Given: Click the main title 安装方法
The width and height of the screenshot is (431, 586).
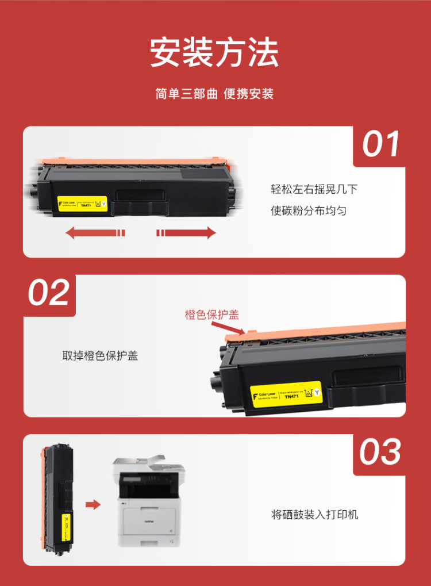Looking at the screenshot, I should [214, 53].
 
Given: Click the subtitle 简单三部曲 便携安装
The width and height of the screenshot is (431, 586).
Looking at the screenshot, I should [214, 94].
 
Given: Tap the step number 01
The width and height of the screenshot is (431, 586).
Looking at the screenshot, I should [381, 144].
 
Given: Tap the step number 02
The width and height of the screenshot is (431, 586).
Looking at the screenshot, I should [49, 293].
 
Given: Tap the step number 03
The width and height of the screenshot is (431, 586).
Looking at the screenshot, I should [380, 452].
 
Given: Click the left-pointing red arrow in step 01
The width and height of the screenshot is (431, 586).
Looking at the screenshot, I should [95, 232].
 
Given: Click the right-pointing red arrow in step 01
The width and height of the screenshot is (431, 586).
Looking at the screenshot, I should [186, 232].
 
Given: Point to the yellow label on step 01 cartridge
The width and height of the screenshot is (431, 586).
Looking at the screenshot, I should [82, 204].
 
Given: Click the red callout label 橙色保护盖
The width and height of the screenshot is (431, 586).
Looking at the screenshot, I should [211, 315].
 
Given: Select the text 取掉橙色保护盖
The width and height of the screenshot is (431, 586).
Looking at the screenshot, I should [100, 356].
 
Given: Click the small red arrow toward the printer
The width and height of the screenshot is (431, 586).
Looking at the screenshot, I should [93, 505].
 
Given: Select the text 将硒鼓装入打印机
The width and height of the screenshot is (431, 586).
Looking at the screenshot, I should [314, 514].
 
